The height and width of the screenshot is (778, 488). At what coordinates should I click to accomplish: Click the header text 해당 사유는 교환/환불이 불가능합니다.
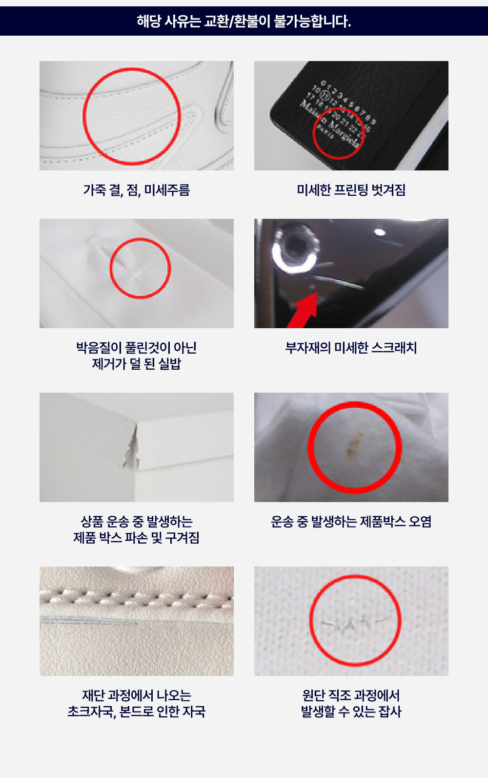tap(244, 21)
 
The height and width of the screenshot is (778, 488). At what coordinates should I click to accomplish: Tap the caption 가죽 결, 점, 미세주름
tap(136, 190)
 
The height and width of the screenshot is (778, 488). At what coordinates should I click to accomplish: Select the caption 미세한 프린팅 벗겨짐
tap(351, 190)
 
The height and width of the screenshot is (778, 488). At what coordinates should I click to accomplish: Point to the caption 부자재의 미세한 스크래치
tap(351, 348)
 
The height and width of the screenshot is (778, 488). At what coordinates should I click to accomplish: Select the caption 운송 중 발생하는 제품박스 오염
tap(351, 522)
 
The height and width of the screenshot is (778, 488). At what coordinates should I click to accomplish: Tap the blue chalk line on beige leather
tap(88, 622)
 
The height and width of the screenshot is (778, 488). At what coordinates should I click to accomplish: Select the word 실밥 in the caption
tap(169, 364)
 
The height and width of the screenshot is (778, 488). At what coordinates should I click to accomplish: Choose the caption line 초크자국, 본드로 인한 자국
tap(136, 712)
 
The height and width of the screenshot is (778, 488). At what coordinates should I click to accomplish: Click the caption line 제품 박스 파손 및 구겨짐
tap(136, 538)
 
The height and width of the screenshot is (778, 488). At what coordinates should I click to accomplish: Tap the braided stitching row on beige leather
tap(136, 597)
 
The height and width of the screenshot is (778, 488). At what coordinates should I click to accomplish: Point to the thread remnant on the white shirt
tap(137, 266)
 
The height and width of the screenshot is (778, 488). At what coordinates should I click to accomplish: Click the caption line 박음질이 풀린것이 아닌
tap(136, 348)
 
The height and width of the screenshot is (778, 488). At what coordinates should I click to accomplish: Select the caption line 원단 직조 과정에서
tap(351, 695)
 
